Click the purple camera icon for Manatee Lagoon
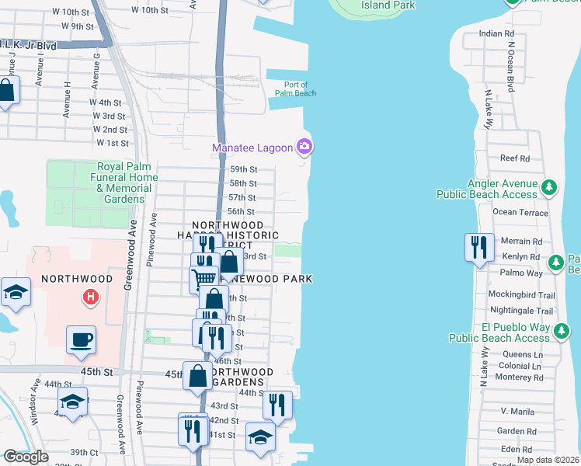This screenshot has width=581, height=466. tap(305, 146)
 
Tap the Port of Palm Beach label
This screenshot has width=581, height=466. tap(294, 89)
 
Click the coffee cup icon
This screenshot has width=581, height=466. tap(81, 340)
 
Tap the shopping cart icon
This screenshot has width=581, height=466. tap(204, 277)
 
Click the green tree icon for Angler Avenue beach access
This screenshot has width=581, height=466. tap(549, 187)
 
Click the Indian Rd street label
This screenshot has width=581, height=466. tap(496, 33)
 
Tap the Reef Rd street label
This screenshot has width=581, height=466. tap(514, 158)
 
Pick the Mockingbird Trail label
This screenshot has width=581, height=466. tap(520, 295)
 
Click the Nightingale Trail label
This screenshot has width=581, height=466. tap(521, 310)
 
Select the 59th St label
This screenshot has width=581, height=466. tap(243, 169)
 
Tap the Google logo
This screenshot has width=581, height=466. tap(26, 457)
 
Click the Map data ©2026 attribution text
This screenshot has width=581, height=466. tap(548, 460)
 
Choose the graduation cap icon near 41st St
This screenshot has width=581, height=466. tap(260, 436)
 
